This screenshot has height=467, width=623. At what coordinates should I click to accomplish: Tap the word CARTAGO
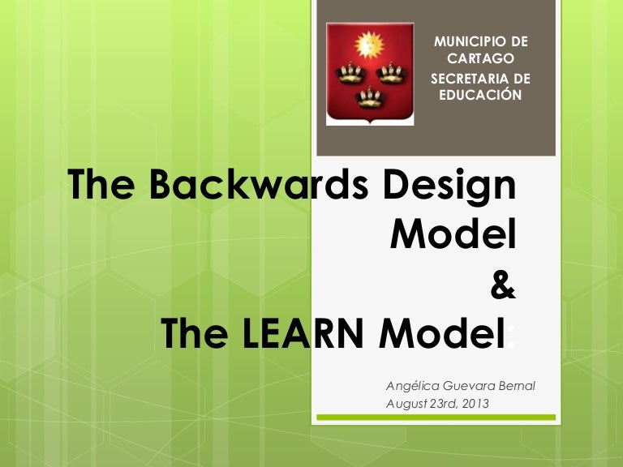tap(480, 58)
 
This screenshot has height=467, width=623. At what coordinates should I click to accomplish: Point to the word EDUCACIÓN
tap(480, 95)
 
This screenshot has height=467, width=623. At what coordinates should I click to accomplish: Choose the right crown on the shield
tap(392, 74)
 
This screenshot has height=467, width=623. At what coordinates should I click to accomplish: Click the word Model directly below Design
tap(453, 235)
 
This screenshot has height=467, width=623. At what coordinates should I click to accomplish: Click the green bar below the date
tap(436, 418)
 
